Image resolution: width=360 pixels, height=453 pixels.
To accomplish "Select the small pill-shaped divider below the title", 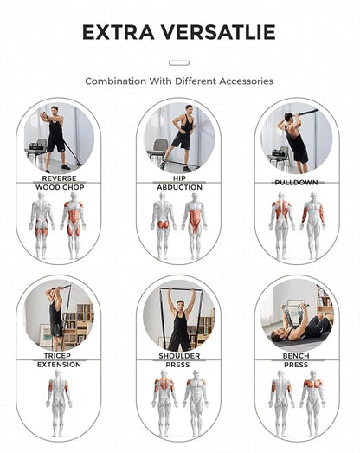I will click(179, 62).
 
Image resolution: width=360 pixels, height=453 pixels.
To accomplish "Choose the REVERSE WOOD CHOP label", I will click(60, 183).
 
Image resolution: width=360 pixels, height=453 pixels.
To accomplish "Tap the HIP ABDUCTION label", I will click(179, 183).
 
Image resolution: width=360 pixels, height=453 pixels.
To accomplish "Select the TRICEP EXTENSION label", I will click(60, 360).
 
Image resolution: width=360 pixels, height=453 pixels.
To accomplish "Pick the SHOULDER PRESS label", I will click(179, 360).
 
